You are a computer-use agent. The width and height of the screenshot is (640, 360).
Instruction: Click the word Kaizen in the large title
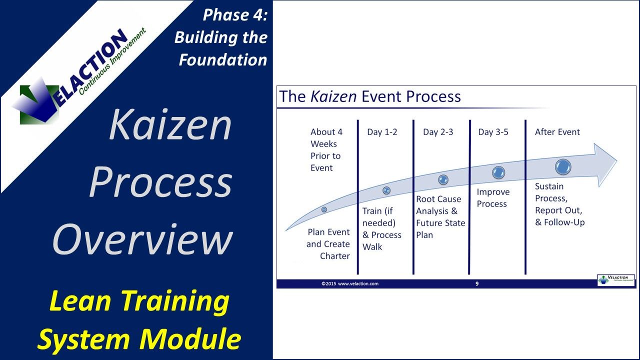click(x=170, y=124)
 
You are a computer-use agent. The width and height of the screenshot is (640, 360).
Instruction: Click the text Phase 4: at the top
click(x=235, y=15)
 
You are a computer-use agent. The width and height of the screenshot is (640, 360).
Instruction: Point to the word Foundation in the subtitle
click(x=223, y=59)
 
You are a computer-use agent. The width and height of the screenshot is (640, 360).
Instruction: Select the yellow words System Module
click(x=139, y=338)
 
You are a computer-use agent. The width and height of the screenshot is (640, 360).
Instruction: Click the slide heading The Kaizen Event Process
click(x=370, y=96)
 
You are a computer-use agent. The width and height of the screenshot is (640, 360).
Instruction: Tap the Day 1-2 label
click(x=382, y=132)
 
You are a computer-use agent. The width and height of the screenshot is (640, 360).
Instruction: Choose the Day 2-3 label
click(x=438, y=132)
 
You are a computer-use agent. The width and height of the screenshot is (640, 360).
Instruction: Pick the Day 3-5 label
click(x=493, y=132)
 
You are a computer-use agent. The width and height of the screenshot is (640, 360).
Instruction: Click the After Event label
click(x=557, y=132)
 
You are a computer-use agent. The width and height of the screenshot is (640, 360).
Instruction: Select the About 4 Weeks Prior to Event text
click(x=326, y=149)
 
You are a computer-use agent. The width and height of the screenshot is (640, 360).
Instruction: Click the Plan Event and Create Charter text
click(x=328, y=244)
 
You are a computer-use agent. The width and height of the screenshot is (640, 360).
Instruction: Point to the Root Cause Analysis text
click(x=440, y=211)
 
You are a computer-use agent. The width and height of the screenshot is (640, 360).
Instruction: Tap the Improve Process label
click(x=492, y=198)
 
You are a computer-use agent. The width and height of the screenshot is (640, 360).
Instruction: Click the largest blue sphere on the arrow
click(x=563, y=166)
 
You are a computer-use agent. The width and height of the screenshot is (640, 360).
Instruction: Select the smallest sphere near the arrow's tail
click(x=324, y=209)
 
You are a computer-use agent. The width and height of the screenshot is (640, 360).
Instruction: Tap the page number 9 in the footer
click(x=476, y=283)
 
